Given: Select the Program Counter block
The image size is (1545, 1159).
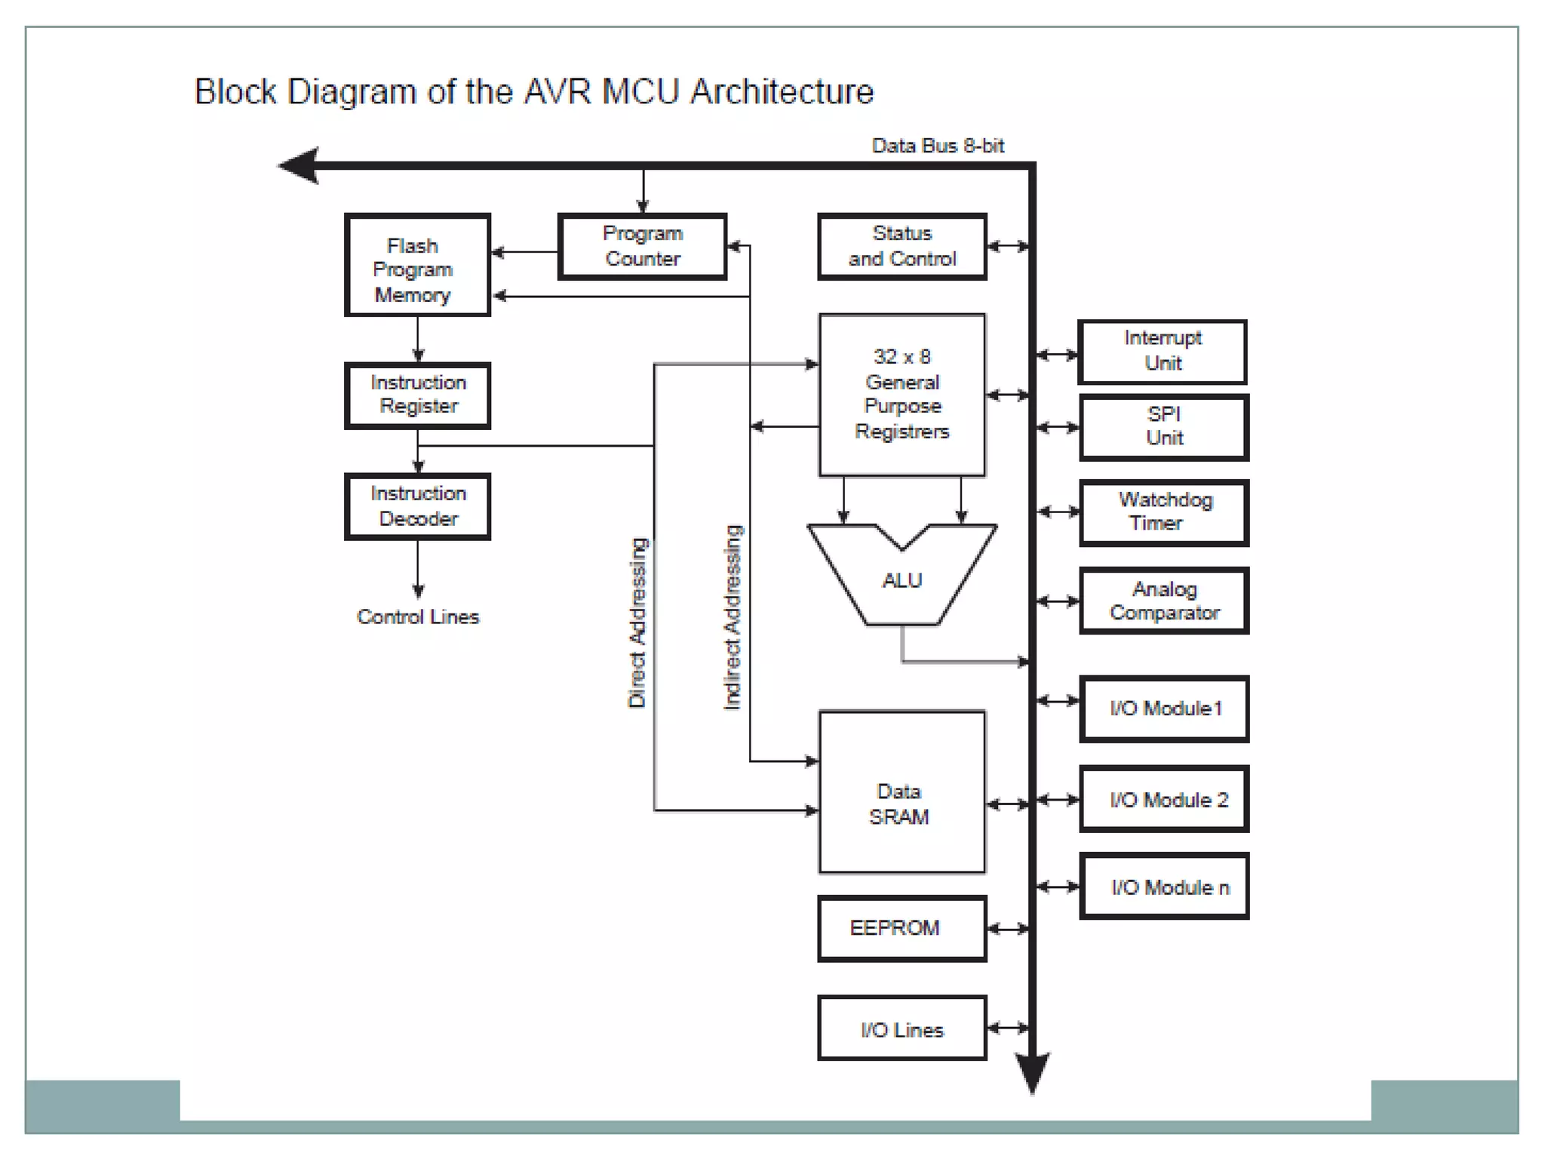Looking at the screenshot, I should coord(642,246).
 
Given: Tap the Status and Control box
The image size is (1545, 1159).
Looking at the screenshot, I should coord(902,246).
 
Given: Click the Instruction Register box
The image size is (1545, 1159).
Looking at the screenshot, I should coord(418,395).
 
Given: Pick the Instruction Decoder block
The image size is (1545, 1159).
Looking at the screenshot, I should coord(418,506).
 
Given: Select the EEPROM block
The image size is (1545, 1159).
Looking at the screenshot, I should coord(902,927).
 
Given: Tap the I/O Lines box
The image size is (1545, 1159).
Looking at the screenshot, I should coord(902,1028).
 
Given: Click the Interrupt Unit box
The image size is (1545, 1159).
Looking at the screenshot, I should coord(1163,351).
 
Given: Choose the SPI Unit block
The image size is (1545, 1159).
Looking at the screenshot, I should coord(1164,426).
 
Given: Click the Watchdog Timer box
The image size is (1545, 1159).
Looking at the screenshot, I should coord(1164,512).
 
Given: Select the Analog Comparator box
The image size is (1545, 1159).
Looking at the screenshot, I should coord(1164,601).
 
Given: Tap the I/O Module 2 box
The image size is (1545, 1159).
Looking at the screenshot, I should coord(1164,799).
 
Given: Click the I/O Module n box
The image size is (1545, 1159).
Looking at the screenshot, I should coord(1164,887).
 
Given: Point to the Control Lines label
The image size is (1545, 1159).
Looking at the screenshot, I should coord(418,616).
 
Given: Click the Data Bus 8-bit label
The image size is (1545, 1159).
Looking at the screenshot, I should coord(938,146).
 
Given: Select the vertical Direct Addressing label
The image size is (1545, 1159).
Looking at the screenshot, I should coord(637,623).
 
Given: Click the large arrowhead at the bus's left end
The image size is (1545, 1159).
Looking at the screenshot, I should coord(300,165).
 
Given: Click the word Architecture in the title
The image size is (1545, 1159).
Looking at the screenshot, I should coord(782,92).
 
